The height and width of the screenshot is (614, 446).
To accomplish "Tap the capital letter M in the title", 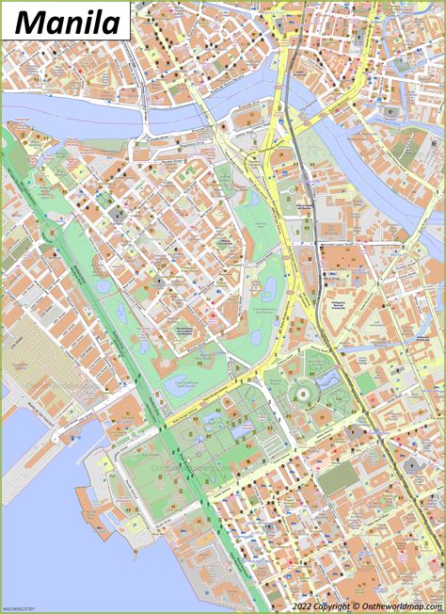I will click(x=29, y=20).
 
